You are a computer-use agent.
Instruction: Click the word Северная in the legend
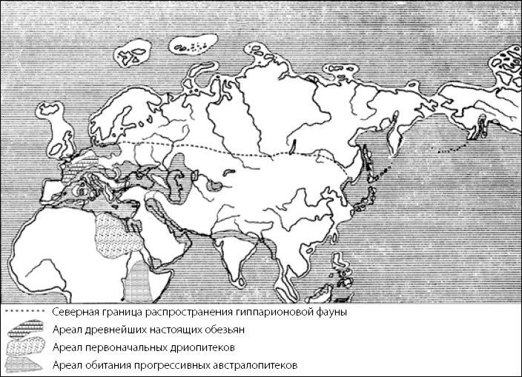[x=76, y=313]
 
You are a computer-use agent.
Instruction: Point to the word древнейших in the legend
[x=110, y=330]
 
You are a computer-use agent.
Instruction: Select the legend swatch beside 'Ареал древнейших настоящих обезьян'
[x=25, y=330]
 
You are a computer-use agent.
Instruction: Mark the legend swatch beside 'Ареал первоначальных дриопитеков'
[x=25, y=347]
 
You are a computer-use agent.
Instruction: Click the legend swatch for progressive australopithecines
[x=25, y=364]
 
